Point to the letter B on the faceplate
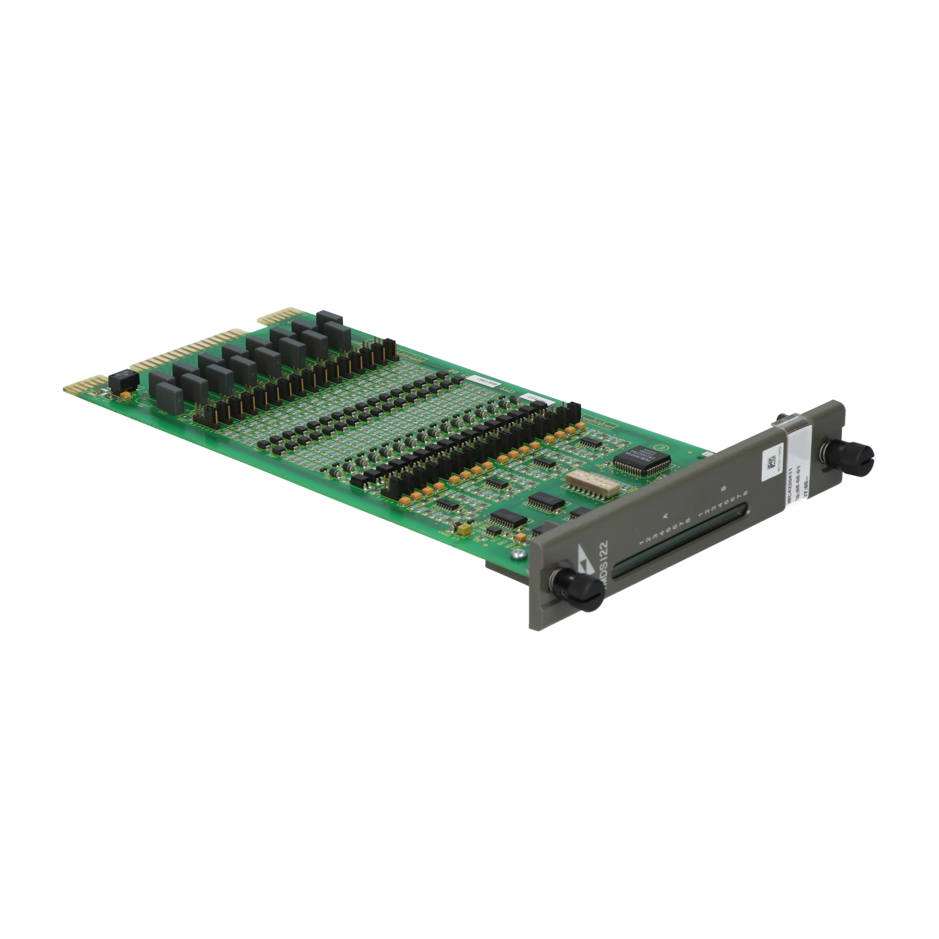(724, 488)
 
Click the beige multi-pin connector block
(592, 483)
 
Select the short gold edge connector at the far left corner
(85, 383)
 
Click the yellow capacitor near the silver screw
(464, 530)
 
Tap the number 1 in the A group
(642, 540)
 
